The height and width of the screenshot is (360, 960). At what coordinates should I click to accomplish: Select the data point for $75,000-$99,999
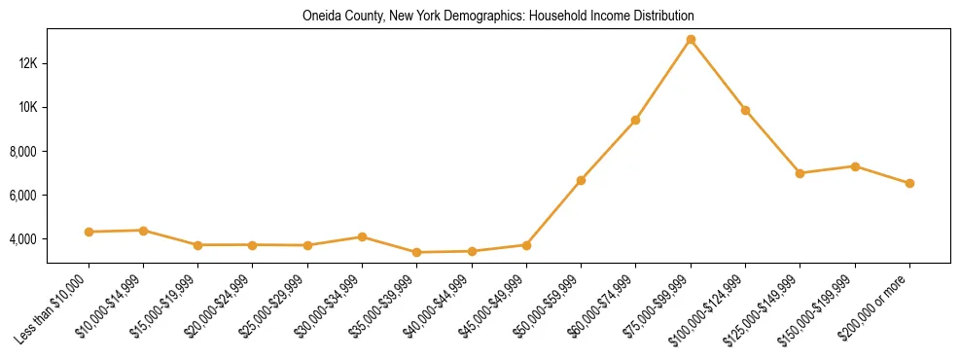[691, 40]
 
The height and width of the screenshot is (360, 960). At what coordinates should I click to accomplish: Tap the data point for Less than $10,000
[89, 232]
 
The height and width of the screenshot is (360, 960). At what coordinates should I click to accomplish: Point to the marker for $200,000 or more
[909, 183]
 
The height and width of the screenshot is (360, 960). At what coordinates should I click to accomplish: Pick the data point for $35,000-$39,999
[416, 252]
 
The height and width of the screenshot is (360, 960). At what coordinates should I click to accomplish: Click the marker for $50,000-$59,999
[581, 180]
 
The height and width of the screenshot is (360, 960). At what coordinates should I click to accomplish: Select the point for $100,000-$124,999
[745, 110]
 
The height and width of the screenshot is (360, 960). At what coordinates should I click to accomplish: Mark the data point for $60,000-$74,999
[635, 120]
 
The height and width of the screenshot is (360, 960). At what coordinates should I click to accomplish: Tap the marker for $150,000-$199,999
[855, 166]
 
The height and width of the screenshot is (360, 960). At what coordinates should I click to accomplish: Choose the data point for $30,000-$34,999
[362, 236]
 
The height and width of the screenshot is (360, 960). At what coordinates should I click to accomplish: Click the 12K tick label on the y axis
[27, 63]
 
